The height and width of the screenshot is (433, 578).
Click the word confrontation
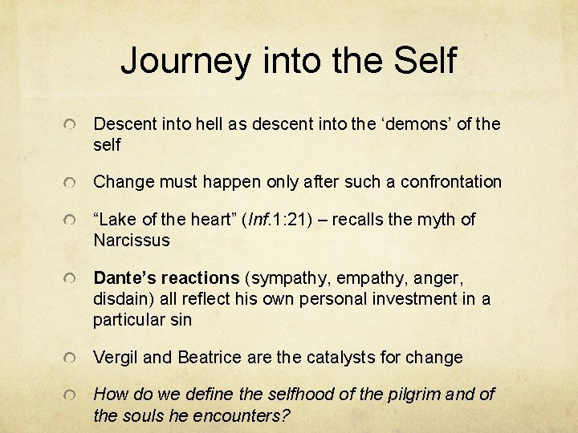448,182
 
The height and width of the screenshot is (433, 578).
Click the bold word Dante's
124,278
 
